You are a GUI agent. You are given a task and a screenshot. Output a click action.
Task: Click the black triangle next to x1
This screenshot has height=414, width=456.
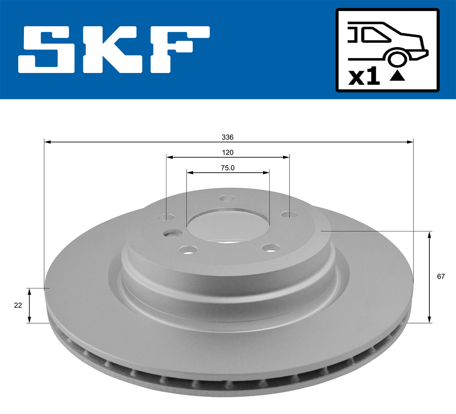pyautogui.click(x=397, y=76)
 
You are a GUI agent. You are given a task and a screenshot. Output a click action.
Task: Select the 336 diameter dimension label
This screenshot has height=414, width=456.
pyautogui.click(x=228, y=137)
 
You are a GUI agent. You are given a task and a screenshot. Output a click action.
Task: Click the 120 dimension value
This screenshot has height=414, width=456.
pyautogui.click(x=228, y=152)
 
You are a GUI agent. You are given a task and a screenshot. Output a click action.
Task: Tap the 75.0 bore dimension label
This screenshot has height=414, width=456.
pyautogui.click(x=228, y=168)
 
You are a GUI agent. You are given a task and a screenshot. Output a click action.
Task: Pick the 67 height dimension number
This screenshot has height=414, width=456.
pyautogui.click(x=440, y=276)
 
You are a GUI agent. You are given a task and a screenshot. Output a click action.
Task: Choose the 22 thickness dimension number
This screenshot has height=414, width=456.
pyautogui.click(x=18, y=305)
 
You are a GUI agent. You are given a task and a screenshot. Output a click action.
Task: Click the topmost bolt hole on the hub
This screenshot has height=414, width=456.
pyautogui.click(x=226, y=198)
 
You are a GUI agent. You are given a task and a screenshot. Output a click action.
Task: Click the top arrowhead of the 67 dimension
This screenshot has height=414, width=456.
pyautogui.click(x=429, y=234)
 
